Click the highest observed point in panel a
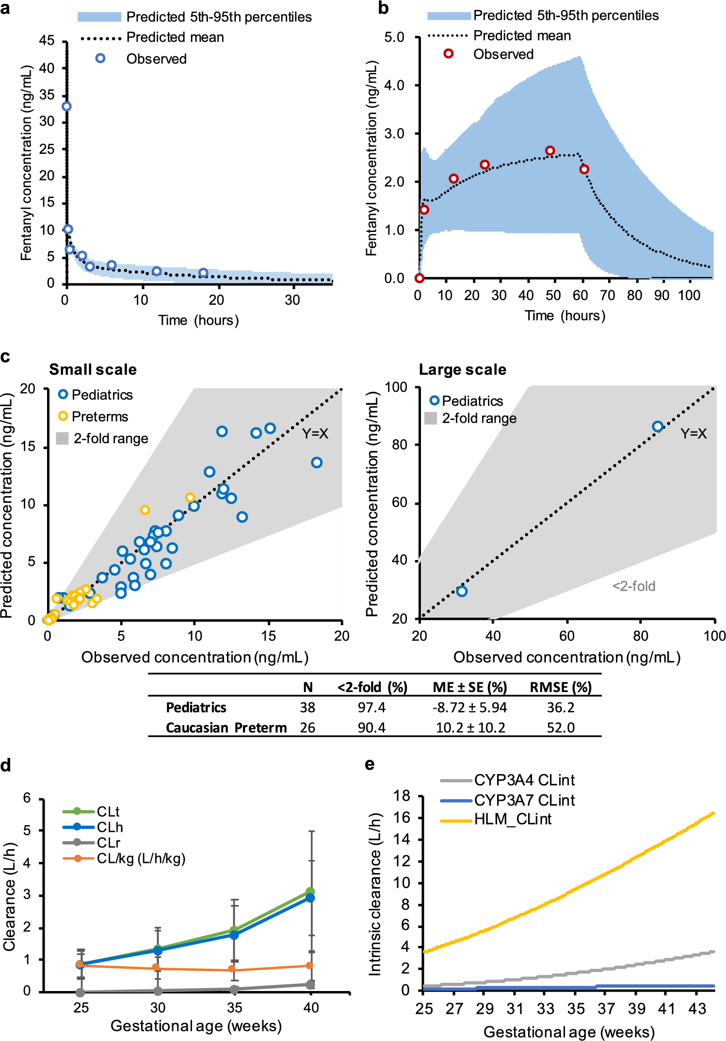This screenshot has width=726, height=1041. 66,106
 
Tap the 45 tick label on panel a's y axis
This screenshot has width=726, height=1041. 47,41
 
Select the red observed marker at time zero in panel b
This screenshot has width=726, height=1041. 419,278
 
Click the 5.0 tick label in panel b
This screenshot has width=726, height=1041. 394,37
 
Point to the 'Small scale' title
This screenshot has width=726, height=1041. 93,370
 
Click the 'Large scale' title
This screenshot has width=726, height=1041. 462,370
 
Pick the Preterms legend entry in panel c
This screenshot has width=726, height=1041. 99,416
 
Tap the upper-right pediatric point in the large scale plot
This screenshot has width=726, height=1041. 657,427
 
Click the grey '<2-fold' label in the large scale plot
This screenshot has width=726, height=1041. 633,586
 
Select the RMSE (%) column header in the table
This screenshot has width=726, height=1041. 560,687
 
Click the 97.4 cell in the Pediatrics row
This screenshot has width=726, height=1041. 371,708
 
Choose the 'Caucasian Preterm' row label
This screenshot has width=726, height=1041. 226,728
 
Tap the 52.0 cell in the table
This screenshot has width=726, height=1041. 560,728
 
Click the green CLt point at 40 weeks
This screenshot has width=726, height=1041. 310,892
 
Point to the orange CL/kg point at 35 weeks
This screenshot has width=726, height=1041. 234,969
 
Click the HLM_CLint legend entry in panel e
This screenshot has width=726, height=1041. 512,819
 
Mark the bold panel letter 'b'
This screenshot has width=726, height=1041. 383,9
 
